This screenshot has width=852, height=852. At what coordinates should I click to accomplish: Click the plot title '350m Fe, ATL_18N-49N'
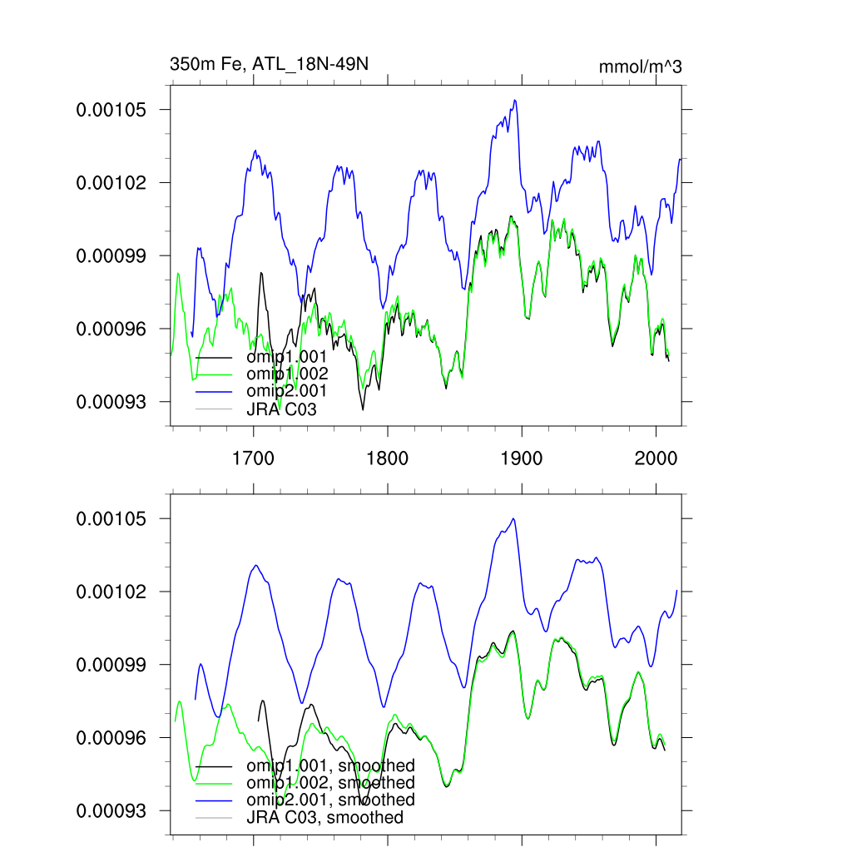(x=268, y=64)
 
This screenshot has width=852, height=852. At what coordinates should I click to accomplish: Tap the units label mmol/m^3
(x=640, y=67)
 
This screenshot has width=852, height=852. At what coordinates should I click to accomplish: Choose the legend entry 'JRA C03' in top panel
(x=281, y=409)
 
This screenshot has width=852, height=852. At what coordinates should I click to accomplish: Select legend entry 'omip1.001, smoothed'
(x=329, y=765)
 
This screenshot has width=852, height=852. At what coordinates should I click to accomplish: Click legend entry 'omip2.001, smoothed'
(x=329, y=800)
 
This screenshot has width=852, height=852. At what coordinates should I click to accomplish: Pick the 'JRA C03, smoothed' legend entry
(x=324, y=818)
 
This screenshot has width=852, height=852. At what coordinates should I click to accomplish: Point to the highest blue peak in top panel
(x=515, y=101)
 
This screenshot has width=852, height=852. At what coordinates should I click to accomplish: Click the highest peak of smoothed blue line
(x=513, y=518)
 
